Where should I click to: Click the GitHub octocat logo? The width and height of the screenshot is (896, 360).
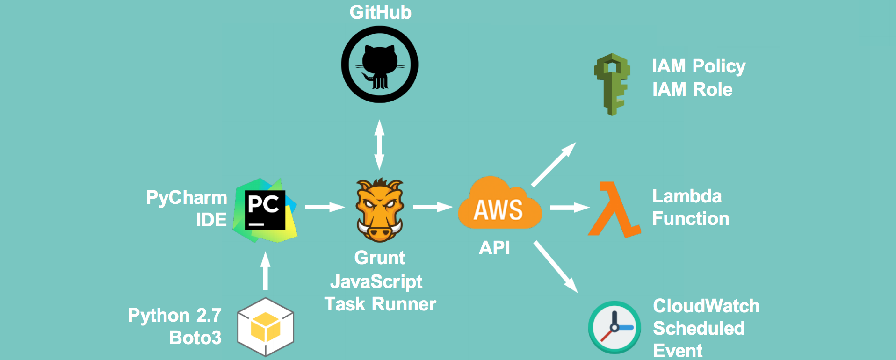(380, 65)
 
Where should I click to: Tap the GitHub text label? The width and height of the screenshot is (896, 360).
(380, 13)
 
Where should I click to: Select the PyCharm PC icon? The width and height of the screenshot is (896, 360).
(265, 210)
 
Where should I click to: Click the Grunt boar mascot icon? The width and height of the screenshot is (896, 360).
(379, 210)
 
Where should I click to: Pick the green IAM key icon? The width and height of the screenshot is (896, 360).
(612, 84)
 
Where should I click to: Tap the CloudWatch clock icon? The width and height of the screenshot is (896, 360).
(614, 327)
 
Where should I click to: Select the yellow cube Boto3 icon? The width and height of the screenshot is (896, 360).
(266, 327)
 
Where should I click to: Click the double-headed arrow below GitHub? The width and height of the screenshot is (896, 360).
(379, 144)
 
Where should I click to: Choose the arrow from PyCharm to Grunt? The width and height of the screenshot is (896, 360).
(325, 207)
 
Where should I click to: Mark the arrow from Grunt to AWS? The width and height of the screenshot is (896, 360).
(433, 207)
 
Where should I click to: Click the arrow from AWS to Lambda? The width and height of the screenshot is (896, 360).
(569, 207)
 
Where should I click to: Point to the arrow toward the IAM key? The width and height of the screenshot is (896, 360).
(553, 165)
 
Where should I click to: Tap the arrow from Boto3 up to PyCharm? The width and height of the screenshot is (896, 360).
(266, 271)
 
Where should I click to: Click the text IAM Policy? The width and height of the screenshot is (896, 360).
(699, 66)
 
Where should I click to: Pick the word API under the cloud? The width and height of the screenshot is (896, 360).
(494, 248)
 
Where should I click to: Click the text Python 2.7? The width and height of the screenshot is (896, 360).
(174, 316)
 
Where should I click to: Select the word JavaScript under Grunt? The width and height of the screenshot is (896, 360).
(376, 281)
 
